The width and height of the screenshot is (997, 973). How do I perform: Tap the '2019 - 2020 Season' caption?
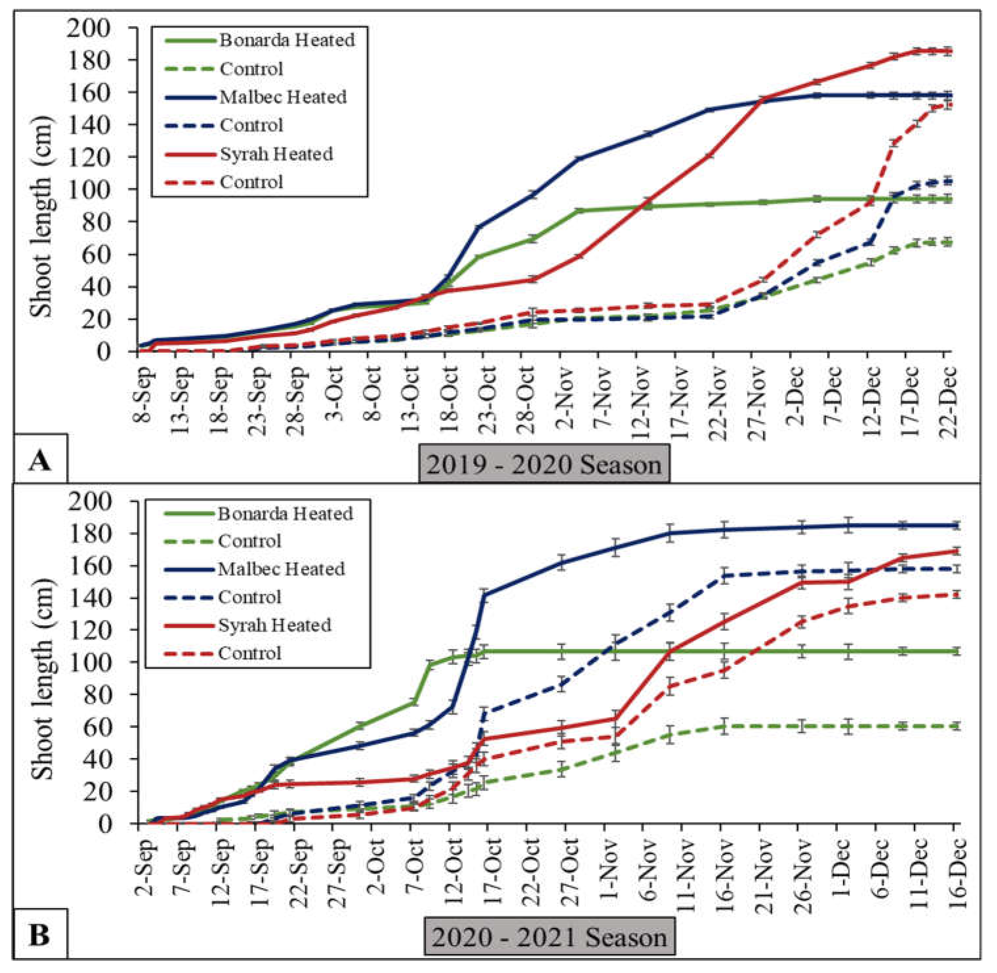point(544,464)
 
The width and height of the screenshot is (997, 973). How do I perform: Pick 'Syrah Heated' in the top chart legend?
point(276,154)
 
